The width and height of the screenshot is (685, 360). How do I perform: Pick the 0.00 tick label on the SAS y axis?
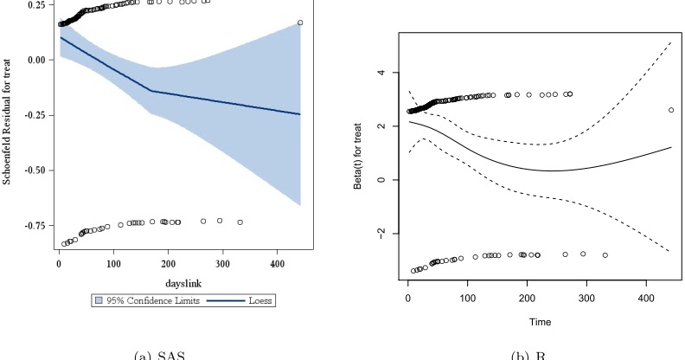[x=34, y=60]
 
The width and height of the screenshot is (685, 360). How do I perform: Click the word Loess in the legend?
[x=257, y=300]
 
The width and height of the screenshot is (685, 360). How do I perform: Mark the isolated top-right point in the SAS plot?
[x=300, y=22]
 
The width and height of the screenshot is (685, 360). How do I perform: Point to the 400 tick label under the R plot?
[x=643, y=298]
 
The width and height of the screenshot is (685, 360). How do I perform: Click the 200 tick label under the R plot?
[x=526, y=298]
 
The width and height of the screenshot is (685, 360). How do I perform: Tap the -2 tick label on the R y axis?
[x=383, y=234]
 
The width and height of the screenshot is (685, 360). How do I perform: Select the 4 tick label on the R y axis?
[x=383, y=73]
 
